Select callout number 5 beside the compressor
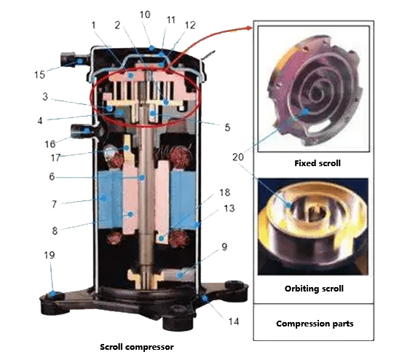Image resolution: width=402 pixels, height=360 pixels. (227, 128)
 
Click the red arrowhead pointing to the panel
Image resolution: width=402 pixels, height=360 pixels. (252, 27)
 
